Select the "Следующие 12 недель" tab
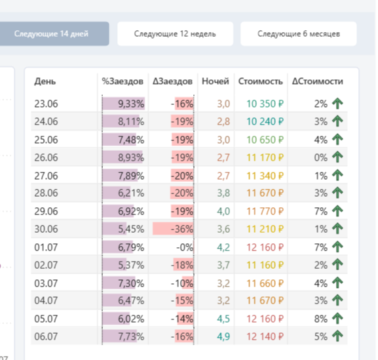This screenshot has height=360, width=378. (x=176, y=34)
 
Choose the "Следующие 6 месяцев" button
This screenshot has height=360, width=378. (x=299, y=34)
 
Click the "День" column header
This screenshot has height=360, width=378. (x=45, y=81)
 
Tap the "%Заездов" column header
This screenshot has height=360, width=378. (x=123, y=81)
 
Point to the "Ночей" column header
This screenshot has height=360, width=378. (x=216, y=81)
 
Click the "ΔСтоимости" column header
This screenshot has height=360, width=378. (x=318, y=81)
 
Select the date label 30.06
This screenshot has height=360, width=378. (x=46, y=229)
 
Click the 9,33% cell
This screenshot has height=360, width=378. (x=131, y=104)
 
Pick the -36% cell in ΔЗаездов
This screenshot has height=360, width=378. (x=182, y=229)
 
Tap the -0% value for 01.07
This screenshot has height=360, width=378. (x=185, y=247)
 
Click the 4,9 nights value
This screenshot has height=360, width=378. (x=223, y=336)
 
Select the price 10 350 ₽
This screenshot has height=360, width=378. (x=265, y=104)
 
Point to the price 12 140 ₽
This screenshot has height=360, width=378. (x=265, y=336)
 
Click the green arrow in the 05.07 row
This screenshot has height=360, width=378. (x=337, y=318)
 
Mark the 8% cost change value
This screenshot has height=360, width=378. (x=320, y=319)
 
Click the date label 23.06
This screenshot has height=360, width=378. (x=46, y=104)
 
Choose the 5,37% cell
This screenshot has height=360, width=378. (x=131, y=265)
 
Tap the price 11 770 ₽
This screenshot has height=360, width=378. (x=265, y=211)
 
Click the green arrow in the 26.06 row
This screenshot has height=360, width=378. (x=337, y=157)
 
